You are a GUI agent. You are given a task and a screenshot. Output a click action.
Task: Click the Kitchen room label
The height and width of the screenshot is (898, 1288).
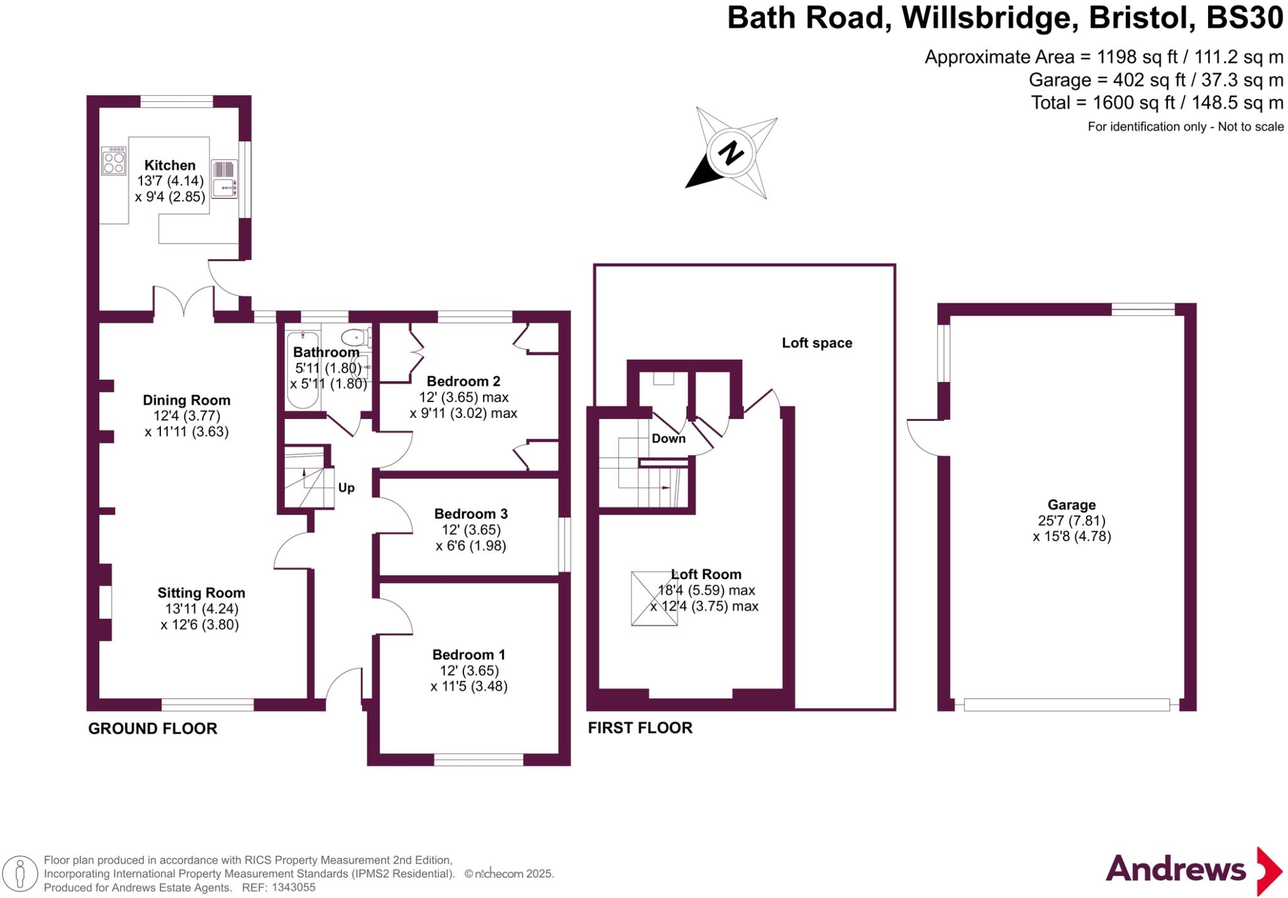170,166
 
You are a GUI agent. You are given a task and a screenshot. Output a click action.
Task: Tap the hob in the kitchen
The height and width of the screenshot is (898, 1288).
114,161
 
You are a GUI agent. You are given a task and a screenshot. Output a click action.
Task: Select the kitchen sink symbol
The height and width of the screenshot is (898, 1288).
224,187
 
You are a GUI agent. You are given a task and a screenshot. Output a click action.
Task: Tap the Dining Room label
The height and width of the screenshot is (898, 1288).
186,400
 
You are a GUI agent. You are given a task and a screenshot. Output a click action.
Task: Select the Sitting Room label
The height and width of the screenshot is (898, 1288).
201,593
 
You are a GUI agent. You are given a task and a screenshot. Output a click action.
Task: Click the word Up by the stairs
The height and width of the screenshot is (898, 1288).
347,488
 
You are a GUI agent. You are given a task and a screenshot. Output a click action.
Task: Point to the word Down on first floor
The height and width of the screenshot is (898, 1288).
669,439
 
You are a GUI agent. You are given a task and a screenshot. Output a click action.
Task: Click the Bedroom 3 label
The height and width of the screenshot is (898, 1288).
471,514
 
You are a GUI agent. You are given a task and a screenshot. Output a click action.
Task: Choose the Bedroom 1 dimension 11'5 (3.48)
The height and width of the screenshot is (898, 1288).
469,687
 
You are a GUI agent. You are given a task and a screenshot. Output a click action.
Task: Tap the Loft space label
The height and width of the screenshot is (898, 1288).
817,343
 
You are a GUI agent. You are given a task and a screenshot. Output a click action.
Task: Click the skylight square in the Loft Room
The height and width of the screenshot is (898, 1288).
654,598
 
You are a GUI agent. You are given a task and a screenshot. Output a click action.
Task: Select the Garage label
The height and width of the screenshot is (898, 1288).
1072,505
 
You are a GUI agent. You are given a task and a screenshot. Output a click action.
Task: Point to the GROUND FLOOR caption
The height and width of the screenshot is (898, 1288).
153,729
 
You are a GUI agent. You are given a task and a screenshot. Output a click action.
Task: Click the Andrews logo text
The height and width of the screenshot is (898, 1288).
1175,870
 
